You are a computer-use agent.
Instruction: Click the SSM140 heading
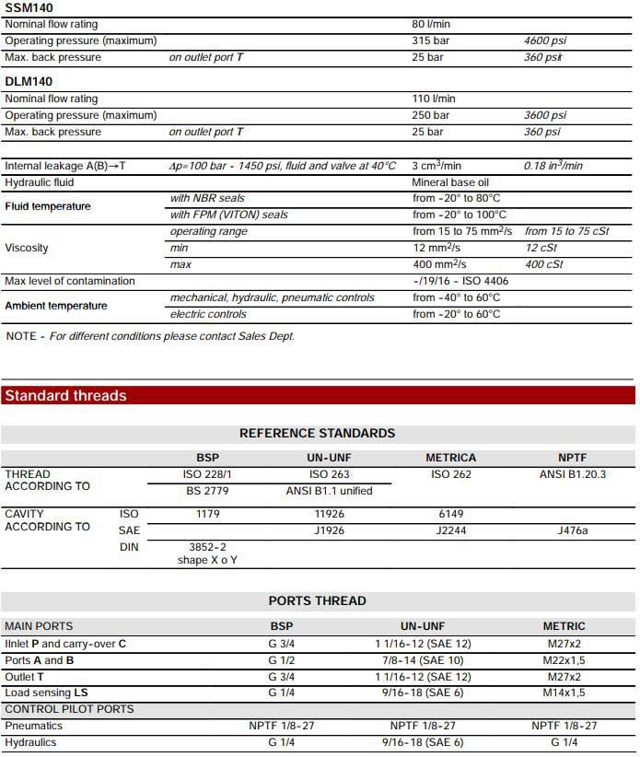tap(29, 8)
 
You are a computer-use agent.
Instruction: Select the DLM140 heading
tap(29, 82)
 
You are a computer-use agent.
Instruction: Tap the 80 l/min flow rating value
tap(432, 24)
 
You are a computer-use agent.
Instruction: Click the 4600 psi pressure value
tap(545, 41)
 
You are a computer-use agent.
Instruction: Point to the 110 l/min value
tap(435, 99)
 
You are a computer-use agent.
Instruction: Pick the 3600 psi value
tap(545, 115)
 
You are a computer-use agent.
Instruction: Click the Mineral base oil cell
tap(450, 182)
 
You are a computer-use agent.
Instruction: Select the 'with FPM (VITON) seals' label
tap(228, 215)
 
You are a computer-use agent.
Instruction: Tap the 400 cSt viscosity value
tap(543, 264)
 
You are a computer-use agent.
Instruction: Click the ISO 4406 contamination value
tap(460, 281)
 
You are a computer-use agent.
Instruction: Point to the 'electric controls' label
tap(208, 314)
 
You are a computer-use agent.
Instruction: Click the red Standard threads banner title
tap(65, 396)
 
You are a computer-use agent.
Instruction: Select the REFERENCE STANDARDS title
tap(317, 433)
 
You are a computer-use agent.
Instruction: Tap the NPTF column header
tap(572, 458)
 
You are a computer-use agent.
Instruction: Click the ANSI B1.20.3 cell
tap(572, 474)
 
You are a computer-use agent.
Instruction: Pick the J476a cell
tap(572, 530)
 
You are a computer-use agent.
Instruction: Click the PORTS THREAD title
tap(317, 600)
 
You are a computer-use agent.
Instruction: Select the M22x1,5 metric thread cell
tap(564, 659)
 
